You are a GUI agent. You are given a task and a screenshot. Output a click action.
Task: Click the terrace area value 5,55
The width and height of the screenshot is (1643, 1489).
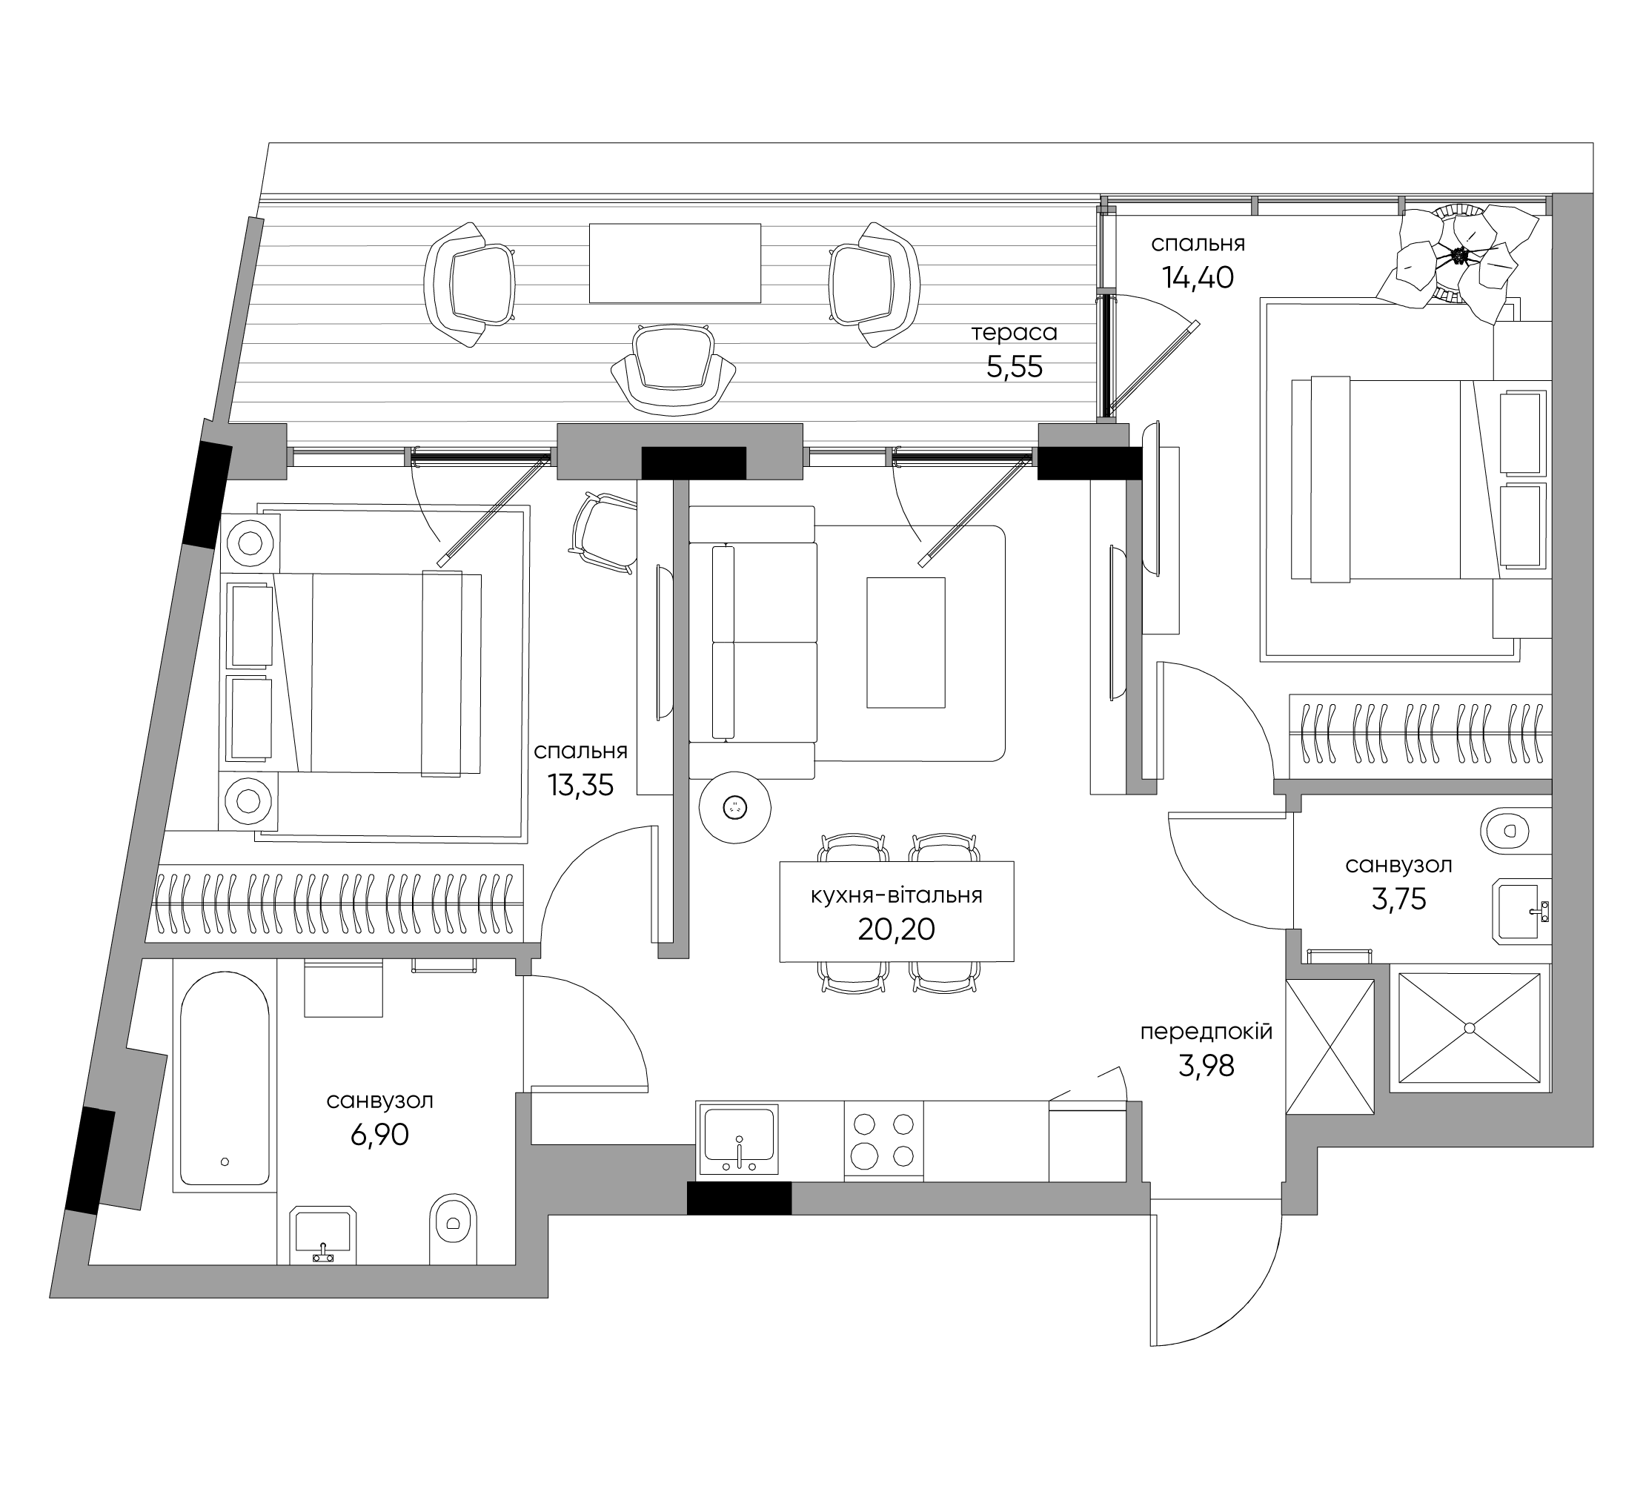(x=1015, y=368)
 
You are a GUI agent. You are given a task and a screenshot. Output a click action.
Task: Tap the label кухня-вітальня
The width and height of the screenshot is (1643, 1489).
(x=897, y=895)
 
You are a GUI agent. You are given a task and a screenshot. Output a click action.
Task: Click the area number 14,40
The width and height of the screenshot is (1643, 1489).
(x=1198, y=278)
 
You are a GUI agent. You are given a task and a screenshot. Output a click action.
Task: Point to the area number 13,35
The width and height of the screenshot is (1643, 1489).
(x=580, y=786)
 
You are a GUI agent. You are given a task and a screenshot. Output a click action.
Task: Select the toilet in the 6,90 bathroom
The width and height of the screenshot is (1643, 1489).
(x=452, y=1229)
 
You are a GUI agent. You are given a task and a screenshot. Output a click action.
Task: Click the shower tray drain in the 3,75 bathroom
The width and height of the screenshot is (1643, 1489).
(x=1470, y=1029)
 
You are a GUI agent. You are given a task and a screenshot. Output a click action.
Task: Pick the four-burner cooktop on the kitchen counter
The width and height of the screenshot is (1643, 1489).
(x=883, y=1139)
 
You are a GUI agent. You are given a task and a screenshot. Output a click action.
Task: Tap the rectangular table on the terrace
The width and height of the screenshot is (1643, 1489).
(x=675, y=263)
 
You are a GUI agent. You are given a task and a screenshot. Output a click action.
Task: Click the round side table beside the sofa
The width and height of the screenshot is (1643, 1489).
(x=735, y=807)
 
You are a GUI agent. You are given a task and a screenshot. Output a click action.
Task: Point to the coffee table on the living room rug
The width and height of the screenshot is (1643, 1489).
(x=906, y=642)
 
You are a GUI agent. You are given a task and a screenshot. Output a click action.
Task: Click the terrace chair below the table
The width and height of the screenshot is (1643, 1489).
(x=673, y=370)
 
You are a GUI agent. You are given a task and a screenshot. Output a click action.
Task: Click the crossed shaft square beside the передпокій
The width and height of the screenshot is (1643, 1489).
(x=1330, y=1047)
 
